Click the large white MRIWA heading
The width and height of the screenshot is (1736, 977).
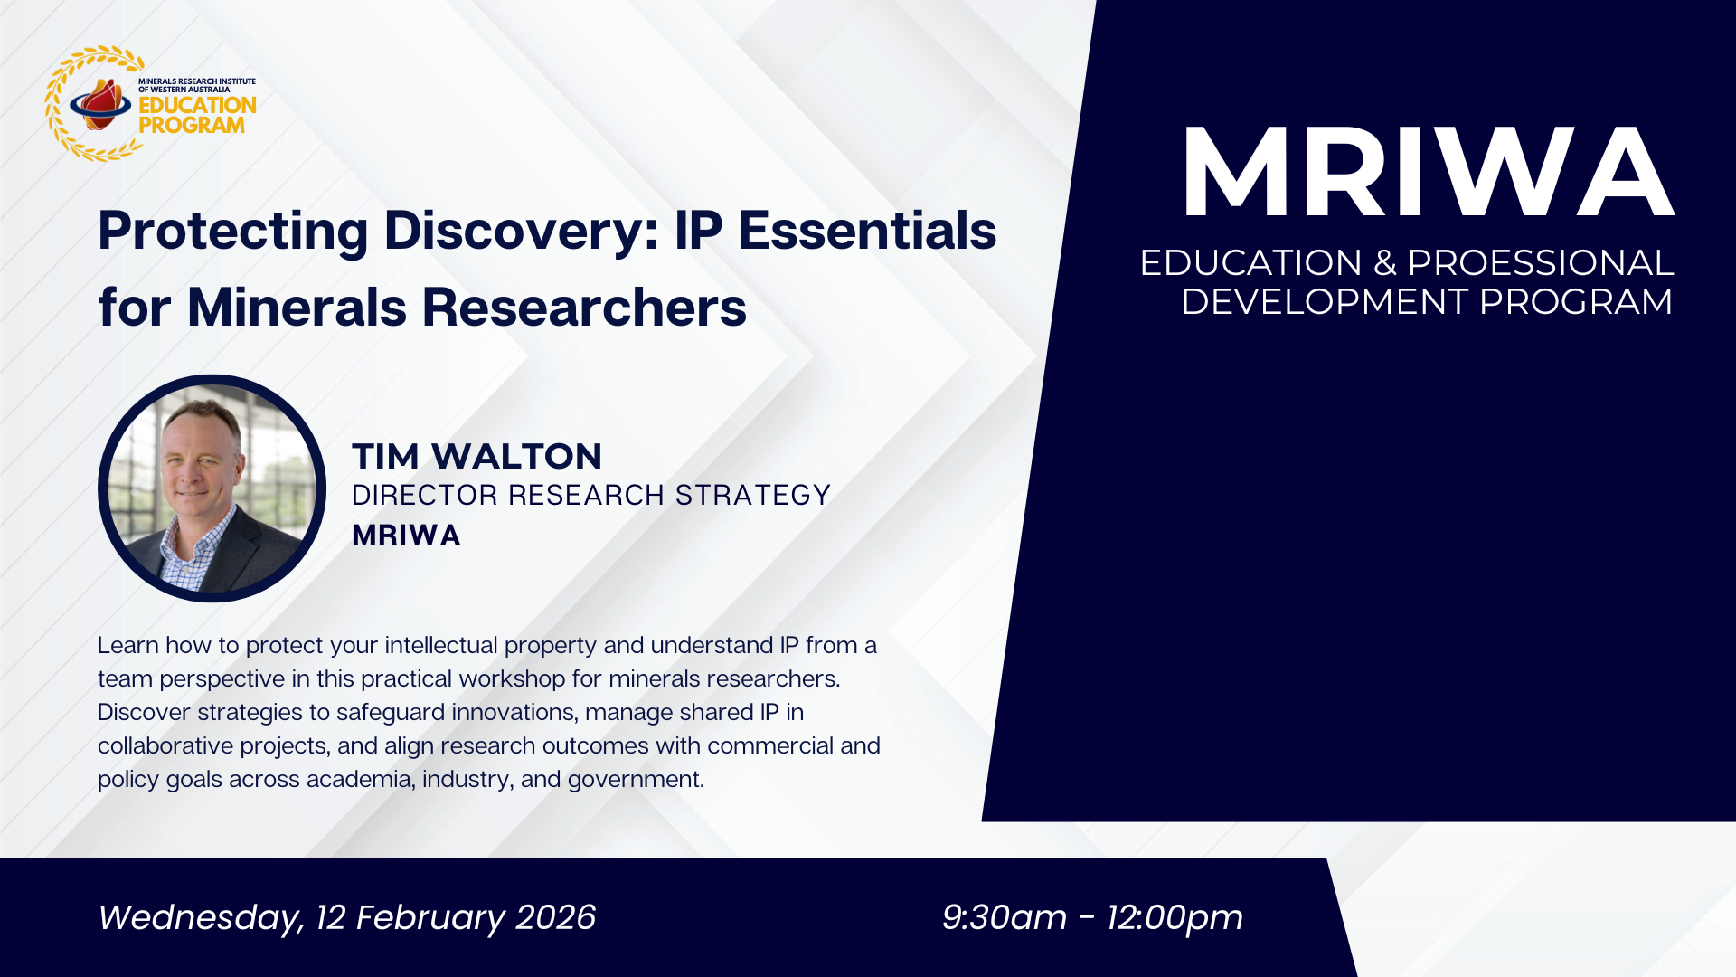tap(1428, 172)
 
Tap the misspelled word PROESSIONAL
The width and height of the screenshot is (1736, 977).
tap(1541, 262)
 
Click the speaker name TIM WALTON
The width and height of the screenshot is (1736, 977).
tap(476, 456)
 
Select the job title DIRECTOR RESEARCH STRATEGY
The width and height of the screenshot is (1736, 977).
tap(590, 495)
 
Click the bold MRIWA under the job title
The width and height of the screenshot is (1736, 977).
tap(406, 535)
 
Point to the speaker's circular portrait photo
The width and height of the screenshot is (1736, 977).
tap(212, 488)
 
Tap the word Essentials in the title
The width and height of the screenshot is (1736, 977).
tap(867, 230)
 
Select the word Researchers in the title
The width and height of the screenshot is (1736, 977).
tap(584, 307)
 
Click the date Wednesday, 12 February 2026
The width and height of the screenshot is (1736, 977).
tap(346, 917)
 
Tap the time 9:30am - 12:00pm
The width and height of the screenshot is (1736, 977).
tap(1092, 917)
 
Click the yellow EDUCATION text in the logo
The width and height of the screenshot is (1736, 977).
tap(197, 105)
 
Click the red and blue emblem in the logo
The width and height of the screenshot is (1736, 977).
tap(100, 104)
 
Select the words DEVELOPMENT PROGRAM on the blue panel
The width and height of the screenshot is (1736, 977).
tap(1427, 301)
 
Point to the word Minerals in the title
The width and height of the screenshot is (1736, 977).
tap(297, 307)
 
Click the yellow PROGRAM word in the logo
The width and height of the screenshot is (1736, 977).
tap(192, 126)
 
